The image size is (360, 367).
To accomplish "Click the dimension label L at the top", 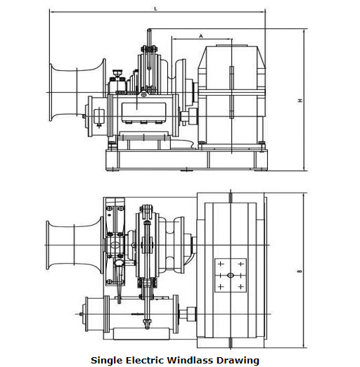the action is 155,8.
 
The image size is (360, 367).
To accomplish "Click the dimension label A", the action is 201,36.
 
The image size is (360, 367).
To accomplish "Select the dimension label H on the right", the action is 300,101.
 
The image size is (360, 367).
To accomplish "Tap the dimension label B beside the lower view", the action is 300,271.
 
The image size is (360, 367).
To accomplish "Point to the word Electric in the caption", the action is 145,360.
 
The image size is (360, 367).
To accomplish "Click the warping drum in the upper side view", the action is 77,92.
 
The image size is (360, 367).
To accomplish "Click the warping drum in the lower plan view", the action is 75,245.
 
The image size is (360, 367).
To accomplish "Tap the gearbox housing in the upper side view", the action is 231,96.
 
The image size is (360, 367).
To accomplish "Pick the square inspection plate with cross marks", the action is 231,275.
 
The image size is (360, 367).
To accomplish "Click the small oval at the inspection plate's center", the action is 231,275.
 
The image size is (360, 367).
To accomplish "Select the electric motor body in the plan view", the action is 141,314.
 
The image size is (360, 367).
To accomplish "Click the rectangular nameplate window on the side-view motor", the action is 144,112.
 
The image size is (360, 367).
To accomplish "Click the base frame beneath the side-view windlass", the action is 186,160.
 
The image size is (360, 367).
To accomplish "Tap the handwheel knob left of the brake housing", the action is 117,72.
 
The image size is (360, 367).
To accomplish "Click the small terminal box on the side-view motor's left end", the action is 99,116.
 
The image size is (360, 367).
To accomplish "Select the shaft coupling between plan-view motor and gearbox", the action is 188,314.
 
